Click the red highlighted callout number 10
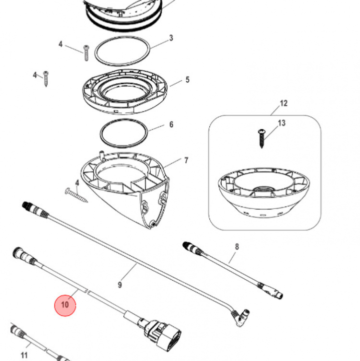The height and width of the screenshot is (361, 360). pyautogui.click(x=65, y=305)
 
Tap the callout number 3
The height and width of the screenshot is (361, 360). pyautogui.click(x=171, y=38)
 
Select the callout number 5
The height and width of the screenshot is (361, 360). pyautogui.click(x=187, y=80)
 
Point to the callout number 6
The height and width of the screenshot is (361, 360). pyautogui.click(x=171, y=124)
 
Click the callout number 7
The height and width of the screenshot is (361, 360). pyautogui.click(x=186, y=160)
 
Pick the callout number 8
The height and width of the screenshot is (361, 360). pyautogui.click(x=237, y=247)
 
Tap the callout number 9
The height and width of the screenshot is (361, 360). pyautogui.click(x=120, y=285)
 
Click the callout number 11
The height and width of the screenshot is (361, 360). pyautogui.click(x=24, y=355)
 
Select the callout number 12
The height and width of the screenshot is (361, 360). pyautogui.click(x=284, y=103)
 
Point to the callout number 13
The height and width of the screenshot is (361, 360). pyautogui.click(x=281, y=123)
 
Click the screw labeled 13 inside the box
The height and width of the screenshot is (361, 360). pyautogui.click(x=261, y=138)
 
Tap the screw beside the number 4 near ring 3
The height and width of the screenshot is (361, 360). pyautogui.click(x=87, y=53)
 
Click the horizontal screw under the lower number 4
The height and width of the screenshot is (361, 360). pyautogui.click(x=76, y=195)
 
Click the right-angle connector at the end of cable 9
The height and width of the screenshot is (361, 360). pyautogui.click(x=241, y=317)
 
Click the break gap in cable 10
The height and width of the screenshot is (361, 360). pyautogui.click(x=87, y=291)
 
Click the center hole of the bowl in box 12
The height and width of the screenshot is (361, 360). pyautogui.click(x=264, y=189)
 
